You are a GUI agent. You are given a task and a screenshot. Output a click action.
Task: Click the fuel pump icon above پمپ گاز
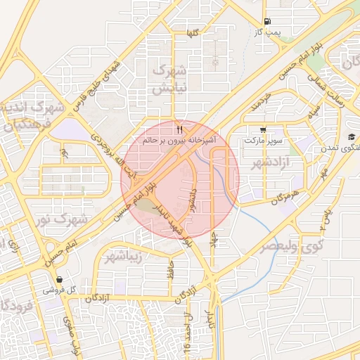[266, 22]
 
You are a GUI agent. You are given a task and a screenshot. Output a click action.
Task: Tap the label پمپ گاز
[267, 32]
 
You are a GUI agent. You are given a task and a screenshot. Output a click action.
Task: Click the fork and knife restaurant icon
[180, 129]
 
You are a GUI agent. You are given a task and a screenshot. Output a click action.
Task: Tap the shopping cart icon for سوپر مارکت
[263, 129]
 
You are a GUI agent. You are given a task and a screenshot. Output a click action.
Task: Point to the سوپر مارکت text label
[262, 141]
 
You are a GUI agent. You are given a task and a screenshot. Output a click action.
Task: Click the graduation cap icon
[351, 136]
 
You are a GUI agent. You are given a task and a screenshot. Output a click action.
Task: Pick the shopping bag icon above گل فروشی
[58, 278]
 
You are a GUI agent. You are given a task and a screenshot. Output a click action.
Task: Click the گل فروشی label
[58, 289]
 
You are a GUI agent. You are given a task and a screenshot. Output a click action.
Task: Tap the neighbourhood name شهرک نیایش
[170, 79]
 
